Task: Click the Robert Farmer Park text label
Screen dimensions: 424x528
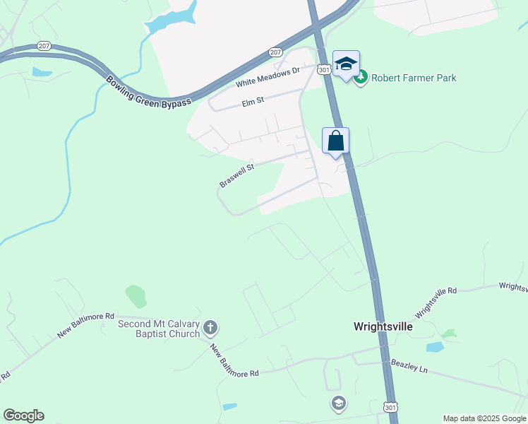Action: [x=414, y=78]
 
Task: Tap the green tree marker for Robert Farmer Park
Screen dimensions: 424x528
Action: [x=361, y=77]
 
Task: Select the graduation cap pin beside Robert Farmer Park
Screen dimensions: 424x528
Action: [x=346, y=64]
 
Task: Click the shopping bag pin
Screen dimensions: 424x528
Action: [x=336, y=140]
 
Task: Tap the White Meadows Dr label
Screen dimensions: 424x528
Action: [x=268, y=77]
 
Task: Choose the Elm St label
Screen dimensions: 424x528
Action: [x=252, y=102]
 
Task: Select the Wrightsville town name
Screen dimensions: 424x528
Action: [x=383, y=327]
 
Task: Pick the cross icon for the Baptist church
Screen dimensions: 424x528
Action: [x=210, y=327]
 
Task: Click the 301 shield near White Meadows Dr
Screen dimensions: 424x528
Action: [x=323, y=69]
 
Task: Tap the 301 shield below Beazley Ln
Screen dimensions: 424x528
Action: [x=391, y=407]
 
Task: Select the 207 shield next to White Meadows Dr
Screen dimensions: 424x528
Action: [x=275, y=52]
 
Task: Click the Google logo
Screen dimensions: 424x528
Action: [x=23, y=416]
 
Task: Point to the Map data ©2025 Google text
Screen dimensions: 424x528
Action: [x=484, y=418]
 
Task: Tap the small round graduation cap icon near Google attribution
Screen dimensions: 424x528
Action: [x=339, y=404]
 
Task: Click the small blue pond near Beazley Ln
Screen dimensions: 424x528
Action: [x=434, y=347]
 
